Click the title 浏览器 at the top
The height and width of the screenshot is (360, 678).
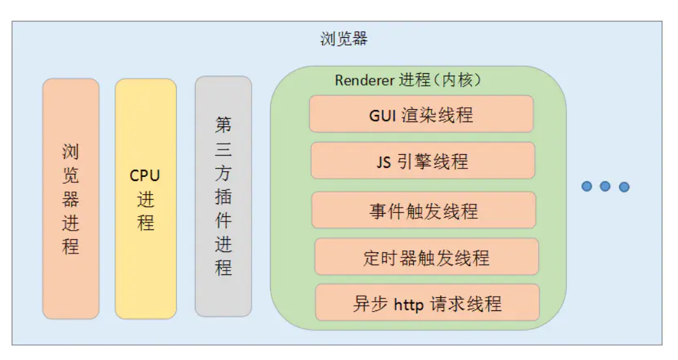tap(344, 39)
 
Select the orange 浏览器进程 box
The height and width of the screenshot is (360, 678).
tap(71, 199)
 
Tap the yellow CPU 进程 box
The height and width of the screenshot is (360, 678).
tap(145, 199)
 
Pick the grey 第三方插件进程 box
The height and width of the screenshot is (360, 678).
tap(223, 196)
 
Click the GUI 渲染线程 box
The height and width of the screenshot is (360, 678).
tap(421, 114)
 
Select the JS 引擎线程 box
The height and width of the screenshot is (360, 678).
tap(422, 161)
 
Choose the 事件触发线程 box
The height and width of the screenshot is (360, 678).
tap(424, 210)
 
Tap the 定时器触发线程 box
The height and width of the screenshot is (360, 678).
tap(426, 257)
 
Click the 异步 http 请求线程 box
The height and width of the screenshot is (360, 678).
tap(427, 303)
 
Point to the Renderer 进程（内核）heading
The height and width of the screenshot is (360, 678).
tap(408, 80)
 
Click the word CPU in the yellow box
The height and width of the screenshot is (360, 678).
tap(145, 175)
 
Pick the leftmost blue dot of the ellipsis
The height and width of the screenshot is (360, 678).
tap(586, 186)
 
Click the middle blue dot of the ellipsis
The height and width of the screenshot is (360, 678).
tap(605, 187)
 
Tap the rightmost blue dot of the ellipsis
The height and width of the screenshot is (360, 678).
tap(624, 187)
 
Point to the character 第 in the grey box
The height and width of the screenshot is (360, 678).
tap(223, 125)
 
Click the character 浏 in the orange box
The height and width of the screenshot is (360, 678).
tap(71, 152)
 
